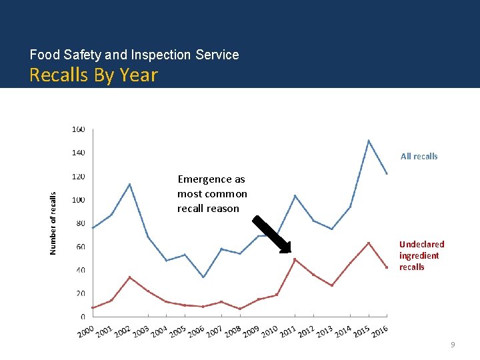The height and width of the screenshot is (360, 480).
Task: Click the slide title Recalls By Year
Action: tap(93, 75)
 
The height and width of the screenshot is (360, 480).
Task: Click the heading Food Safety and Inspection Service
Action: tap(134, 55)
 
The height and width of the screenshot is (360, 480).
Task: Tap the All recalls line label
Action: tap(419, 156)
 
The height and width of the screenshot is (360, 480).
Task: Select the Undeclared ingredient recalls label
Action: tap(421, 255)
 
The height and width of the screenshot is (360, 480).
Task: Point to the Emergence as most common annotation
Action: tap(212, 194)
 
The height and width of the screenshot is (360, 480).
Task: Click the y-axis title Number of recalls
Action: tap(53, 223)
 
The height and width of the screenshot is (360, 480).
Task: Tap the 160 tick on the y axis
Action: tap(78, 129)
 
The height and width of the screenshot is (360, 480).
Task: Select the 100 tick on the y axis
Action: tap(78, 200)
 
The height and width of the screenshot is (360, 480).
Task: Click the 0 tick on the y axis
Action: tap(83, 317)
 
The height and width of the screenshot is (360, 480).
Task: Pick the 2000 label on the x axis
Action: tap(85, 331)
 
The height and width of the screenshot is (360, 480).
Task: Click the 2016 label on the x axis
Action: tap(379, 331)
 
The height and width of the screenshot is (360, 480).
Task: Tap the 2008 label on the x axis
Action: tap(232, 331)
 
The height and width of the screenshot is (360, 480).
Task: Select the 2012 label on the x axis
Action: tap(305, 331)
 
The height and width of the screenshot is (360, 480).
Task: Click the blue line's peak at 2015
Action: tap(369, 141)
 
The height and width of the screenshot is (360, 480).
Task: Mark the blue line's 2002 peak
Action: tap(129, 184)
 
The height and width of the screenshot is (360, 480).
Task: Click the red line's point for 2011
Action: tap(295, 259)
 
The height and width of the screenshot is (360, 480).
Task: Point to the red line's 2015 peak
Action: tap(369, 243)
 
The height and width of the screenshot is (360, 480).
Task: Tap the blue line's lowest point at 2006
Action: tap(203, 277)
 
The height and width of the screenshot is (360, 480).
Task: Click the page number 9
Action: tap(453, 345)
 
